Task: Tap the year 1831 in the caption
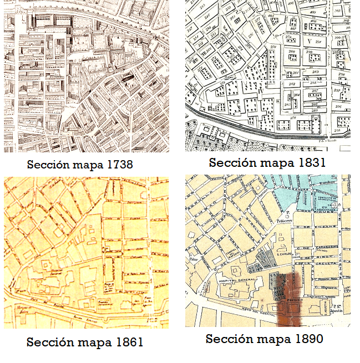click(310, 163)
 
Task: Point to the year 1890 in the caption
click(310, 339)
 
